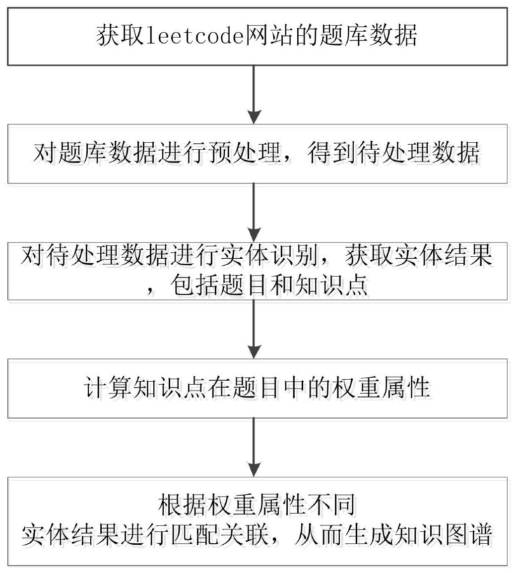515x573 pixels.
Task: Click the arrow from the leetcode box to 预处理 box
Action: pyautogui.click(x=254, y=94)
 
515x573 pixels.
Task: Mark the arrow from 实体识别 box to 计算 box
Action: pyautogui.click(x=254, y=329)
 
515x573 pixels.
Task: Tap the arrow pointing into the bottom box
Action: pyautogui.click(x=254, y=447)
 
